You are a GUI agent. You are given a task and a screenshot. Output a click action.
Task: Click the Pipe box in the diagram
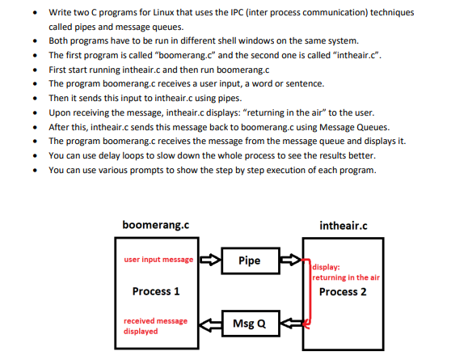[249, 260]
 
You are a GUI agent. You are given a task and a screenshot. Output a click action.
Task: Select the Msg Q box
[249, 324]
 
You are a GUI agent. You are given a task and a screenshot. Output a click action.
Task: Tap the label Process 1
[155, 291]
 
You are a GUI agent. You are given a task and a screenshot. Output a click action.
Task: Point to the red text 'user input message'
[158, 260]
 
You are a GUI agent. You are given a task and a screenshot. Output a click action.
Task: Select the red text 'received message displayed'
[154, 326]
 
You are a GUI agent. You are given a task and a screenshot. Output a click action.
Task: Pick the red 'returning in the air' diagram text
[346, 277]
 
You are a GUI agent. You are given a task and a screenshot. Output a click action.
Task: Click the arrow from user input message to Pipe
[209, 260]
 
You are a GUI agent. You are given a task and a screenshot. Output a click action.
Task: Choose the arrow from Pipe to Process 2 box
[289, 260]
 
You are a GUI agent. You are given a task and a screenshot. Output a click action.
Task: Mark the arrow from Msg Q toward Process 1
[209, 324]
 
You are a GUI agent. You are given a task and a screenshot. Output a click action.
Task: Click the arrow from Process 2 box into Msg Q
[289, 324]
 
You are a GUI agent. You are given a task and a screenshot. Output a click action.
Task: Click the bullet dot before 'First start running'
[33, 70]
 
